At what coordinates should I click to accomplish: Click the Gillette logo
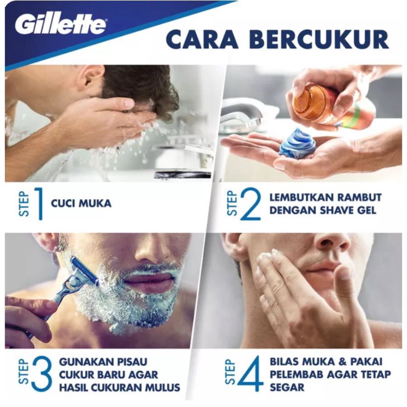pyautogui.click(x=60, y=25)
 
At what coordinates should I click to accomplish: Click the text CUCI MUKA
pyautogui.click(x=81, y=203)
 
